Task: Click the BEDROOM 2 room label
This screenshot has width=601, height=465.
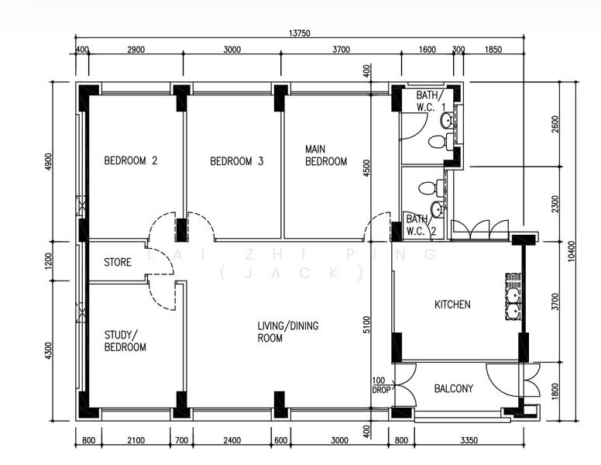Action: [131, 161]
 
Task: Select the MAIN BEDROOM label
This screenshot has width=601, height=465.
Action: [326, 155]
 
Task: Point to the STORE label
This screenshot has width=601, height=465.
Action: [118, 263]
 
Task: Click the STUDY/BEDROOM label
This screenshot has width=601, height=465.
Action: [125, 341]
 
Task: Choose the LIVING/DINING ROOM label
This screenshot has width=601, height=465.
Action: [288, 332]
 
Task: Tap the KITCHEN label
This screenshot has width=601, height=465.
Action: [452, 305]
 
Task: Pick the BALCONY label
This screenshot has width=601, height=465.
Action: [454, 388]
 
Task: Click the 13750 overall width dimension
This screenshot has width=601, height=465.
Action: [299, 33]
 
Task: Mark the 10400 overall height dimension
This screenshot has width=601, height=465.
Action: [572, 250]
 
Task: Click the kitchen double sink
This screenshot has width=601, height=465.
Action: [512, 295]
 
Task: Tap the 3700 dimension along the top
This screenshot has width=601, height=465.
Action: [341, 50]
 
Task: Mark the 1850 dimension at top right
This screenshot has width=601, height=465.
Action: [493, 50]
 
